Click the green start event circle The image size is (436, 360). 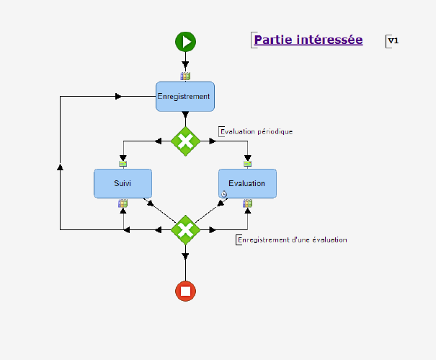[185, 42]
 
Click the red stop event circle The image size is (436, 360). [185, 291]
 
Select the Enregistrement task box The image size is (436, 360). [185, 97]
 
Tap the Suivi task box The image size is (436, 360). [123, 183]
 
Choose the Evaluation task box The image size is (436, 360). [247, 183]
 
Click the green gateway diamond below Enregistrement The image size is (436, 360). [185, 140]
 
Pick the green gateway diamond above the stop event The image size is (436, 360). [185, 229]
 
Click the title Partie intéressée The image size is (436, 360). [308, 40]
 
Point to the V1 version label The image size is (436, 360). [393, 41]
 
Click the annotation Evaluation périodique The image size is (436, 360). [257, 131]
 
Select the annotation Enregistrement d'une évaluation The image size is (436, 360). [293, 240]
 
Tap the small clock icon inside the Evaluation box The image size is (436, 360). [224, 193]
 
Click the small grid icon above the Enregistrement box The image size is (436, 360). [185, 76]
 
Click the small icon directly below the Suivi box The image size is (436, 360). [123, 203]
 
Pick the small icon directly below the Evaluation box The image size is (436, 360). [247, 203]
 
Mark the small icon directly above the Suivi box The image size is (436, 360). [123, 164]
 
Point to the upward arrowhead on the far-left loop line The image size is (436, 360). [60, 167]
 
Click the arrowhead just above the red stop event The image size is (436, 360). [185, 256]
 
